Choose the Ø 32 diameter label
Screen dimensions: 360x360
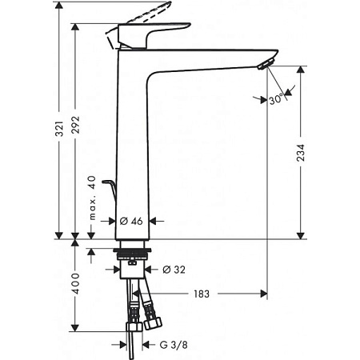[176, 269]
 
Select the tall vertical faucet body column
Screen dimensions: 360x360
[132, 144]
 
